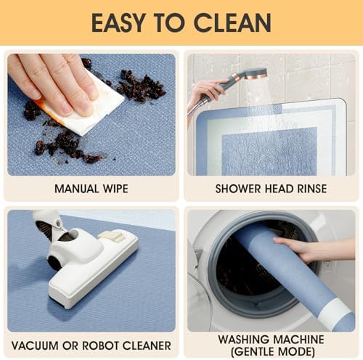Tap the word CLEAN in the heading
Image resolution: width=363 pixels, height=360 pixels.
click(232, 22)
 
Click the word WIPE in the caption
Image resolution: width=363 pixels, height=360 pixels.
click(115, 189)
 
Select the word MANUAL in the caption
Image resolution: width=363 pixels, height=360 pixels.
click(76, 189)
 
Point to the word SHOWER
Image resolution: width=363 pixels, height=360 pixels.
click(237, 189)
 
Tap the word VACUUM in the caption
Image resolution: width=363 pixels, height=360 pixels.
click(35, 345)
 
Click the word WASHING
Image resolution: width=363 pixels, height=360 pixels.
click(245, 340)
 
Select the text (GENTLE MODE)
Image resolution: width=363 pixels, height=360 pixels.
click(273, 352)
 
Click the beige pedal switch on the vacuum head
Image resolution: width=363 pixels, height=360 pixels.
click(111, 236)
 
